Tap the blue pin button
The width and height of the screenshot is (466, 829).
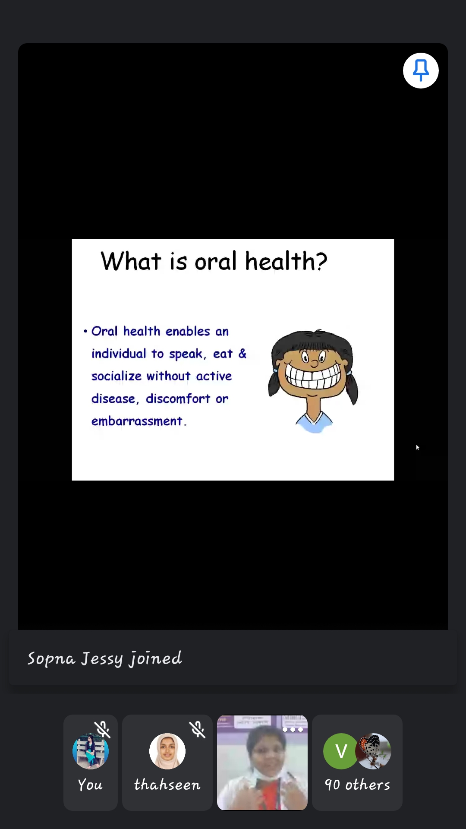pyautogui.click(x=421, y=70)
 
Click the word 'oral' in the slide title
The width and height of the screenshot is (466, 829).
pyautogui.click(x=216, y=261)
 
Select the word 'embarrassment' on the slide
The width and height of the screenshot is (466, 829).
pyautogui.click(x=137, y=421)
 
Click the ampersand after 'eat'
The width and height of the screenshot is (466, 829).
pyautogui.click(x=242, y=353)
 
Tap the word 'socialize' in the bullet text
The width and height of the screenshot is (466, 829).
pyautogui.click(x=116, y=376)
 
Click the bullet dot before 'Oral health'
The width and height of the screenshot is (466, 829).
pyautogui.click(x=85, y=331)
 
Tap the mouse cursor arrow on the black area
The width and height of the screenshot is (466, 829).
pyautogui.click(x=418, y=447)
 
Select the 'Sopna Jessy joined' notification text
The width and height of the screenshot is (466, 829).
pyautogui.click(x=105, y=658)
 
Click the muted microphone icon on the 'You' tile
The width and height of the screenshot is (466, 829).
pyautogui.click(x=102, y=730)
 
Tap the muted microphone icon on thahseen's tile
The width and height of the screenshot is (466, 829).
pyautogui.click(x=197, y=730)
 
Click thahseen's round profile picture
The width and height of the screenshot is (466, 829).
pyautogui.click(x=167, y=751)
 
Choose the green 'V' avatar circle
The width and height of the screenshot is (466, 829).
pyautogui.click(x=341, y=751)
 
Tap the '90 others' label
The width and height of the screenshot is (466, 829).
pyautogui.click(x=357, y=785)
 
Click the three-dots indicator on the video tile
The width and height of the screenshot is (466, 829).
pyautogui.click(x=293, y=730)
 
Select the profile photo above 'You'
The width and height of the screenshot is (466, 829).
pyautogui.click(x=91, y=751)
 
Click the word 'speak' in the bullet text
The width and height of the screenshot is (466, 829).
pyautogui.click(x=186, y=354)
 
